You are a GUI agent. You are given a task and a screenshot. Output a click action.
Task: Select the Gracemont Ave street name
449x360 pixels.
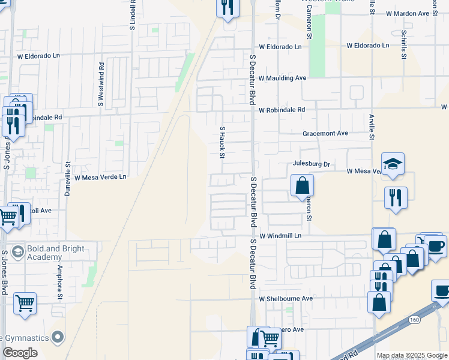[325, 133]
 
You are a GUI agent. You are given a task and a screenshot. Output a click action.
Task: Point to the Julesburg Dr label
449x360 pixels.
[312, 163]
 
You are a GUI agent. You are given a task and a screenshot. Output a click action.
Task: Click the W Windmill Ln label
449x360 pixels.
[280, 236]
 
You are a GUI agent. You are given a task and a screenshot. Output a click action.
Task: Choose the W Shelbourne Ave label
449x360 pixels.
[286, 298]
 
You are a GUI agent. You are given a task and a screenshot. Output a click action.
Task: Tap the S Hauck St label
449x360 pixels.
[222, 142]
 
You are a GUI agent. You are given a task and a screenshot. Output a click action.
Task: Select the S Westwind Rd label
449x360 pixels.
[101, 85]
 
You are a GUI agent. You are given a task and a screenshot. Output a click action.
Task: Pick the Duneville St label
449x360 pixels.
[68, 178]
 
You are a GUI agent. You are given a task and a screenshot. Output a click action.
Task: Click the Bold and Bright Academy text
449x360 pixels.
[55, 253]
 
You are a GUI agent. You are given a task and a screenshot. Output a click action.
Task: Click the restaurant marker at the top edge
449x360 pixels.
[228, 7]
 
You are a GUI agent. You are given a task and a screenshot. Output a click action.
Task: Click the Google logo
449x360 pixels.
[20, 353]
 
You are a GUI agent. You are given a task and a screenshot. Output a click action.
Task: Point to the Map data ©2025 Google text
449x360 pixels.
[412, 355]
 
